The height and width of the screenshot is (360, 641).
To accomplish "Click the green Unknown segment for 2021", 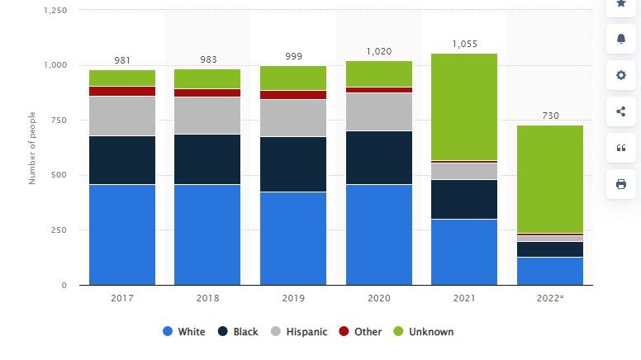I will tap(464, 107).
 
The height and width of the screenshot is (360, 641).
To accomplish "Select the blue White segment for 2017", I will tap(122, 234).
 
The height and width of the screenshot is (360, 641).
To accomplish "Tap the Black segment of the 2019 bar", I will tap(293, 164).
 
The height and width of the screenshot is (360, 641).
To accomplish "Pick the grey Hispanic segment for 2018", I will tap(207, 116).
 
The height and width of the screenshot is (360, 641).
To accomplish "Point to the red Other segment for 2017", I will tap(122, 91).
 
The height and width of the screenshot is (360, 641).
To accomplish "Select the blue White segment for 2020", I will tap(379, 234).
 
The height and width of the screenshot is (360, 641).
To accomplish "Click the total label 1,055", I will tap(464, 44).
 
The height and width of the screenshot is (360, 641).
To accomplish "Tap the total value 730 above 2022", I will tap(550, 116).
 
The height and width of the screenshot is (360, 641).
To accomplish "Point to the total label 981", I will tap(122, 60).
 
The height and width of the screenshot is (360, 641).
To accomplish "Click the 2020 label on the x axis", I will tap(379, 298).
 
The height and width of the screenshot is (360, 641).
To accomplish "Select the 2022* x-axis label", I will tap(550, 298).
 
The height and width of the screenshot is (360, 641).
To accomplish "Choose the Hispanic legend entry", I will tap(299, 332).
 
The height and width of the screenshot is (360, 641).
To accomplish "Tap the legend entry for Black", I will tap(238, 332).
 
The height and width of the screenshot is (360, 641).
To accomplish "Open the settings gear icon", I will tap(621, 75).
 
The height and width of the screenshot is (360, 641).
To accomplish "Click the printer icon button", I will tap(621, 184).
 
